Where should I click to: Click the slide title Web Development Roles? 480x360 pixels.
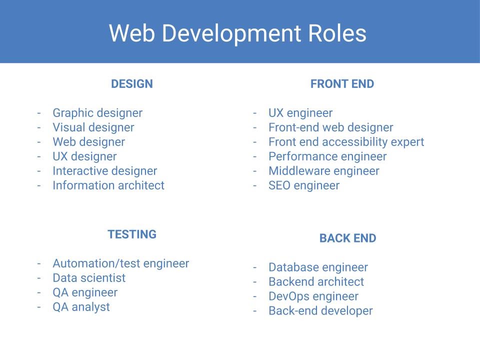tap(237, 33)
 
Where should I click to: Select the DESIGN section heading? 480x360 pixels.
tap(132, 84)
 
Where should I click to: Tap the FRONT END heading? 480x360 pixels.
tap(342, 84)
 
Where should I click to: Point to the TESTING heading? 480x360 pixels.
tap(132, 234)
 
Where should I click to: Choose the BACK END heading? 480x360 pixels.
tap(348, 238)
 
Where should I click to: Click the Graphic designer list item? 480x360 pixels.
tap(97, 113)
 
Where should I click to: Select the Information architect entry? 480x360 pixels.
tap(108, 185)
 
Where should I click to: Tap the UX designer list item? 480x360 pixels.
tap(85, 156)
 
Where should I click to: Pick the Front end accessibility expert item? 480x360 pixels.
tap(346, 142)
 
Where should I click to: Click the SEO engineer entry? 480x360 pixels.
tap(304, 186)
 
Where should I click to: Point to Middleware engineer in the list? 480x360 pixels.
tap(324, 171)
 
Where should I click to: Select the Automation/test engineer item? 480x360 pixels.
tap(121, 264)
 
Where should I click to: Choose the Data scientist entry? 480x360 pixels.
tap(89, 278)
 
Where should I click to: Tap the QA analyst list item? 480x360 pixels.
tap(81, 307)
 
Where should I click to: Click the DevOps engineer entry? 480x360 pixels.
tap(313, 296)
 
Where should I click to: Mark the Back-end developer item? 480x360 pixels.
tap(321, 311)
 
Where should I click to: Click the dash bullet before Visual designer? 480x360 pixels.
tap(39, 127)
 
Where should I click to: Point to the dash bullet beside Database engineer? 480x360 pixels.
tap(254, 267)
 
